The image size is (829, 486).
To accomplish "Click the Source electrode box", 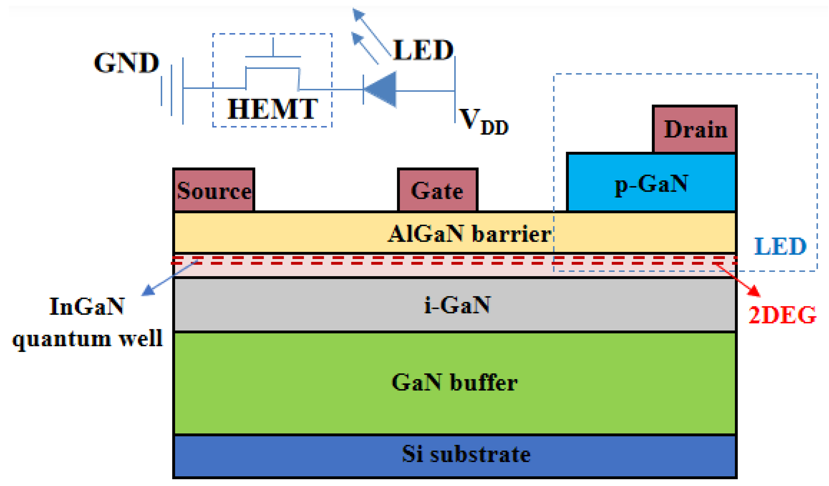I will click(214, 190).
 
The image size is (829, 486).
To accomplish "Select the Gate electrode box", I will click(437, 190).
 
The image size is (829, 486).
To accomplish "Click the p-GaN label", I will click(651, 184).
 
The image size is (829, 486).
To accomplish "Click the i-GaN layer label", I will click(457, 305).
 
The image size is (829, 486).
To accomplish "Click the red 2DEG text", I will click(782, 315).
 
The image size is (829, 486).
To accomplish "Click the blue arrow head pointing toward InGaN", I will click(148, 291).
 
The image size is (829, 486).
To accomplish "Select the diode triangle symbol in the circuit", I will click(382, 90).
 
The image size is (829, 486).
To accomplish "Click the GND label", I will click(127, 63).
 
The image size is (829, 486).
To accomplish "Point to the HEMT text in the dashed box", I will click(272, 109).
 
